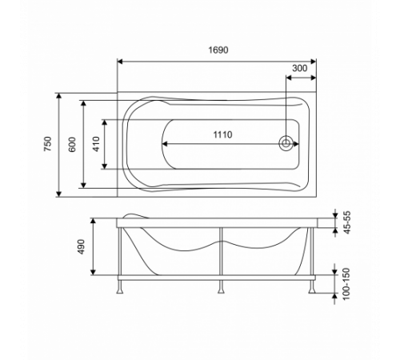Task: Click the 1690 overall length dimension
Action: [x=218, y=50]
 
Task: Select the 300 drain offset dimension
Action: [x=300, y=68]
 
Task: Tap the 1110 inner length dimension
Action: [x=222, y=134]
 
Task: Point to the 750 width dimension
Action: [x=48, y=144]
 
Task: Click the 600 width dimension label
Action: [x=72, y=145]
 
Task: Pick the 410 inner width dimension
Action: [x=96, y=144]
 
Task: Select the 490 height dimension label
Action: [x=81, y=246]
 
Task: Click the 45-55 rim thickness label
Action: [x=347, y=222]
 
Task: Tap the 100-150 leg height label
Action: [x=346, y=284]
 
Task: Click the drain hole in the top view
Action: [x=286, y=144]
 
